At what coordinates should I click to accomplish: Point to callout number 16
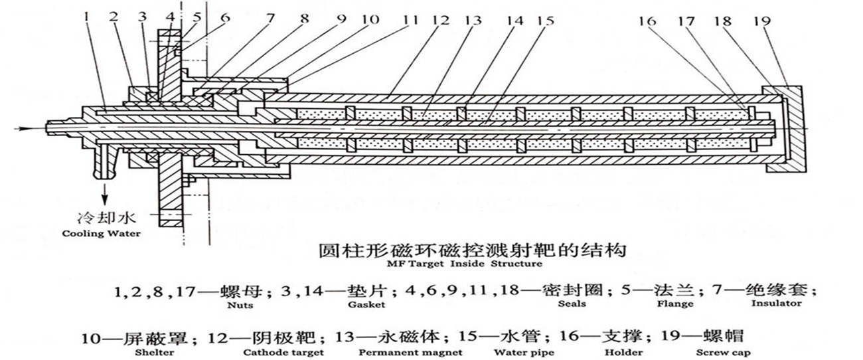pos(648,21)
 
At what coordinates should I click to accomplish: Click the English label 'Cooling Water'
pos(101,234)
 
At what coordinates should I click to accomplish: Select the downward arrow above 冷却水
pos(104,192)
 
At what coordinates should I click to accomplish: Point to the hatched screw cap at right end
pos(794,126)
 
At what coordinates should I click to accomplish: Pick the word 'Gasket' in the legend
pos(364,305)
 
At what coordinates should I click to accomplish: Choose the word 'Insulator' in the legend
pos(776,304)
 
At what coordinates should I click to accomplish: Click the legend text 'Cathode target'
pos(283,353)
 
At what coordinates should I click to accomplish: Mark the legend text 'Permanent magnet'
pos(410,353)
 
